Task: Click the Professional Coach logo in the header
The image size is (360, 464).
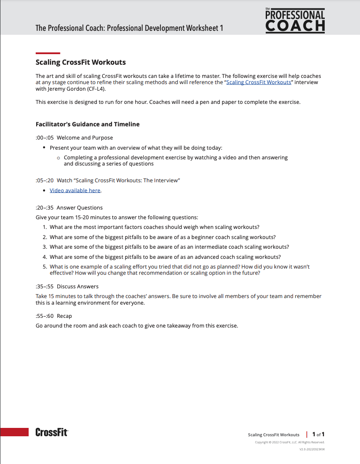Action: pos(295,20)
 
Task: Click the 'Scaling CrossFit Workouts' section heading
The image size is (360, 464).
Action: pos(81,62)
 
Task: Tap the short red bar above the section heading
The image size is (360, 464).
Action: pos(48,53)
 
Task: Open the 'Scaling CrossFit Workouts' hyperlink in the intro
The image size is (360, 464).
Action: pos(259,82)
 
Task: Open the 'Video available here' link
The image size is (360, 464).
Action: pos(75,191)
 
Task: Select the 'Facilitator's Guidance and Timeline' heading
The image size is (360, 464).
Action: pos(87,124)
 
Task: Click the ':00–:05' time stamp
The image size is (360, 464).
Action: pos(45,138)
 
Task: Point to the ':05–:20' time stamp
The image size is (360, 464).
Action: pos(45,180)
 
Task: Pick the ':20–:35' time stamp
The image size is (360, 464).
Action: pos(45,208)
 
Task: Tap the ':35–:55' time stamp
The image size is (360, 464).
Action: pos(45,287)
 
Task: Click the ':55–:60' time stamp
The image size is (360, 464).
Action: pos(45,316)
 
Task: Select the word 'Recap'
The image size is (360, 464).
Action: pos(64,316)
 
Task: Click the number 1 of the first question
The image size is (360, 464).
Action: pos(45,227)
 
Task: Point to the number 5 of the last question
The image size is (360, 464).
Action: pos(45,267)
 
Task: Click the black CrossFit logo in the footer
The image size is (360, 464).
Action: pos(52,432)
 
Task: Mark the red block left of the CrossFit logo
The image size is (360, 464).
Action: pos(14,432)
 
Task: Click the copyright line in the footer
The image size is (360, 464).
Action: pos(289,442)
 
